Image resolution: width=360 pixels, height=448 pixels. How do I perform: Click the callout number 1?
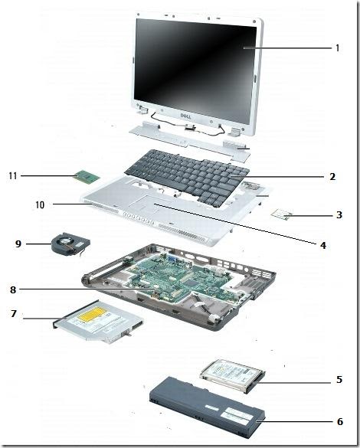click(x=337, y=47)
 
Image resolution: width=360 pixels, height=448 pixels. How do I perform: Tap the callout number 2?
click(x=332, y=176)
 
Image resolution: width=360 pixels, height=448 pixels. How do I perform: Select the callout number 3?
click(x=339, y=215)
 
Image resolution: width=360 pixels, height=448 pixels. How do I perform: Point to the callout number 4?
click(x=322, y=245)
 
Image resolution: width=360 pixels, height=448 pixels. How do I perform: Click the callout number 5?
click(x=339, y=379)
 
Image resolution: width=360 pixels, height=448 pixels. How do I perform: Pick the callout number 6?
click(x=339, y=420)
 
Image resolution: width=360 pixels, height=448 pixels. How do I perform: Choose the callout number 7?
click(x=13, y=313)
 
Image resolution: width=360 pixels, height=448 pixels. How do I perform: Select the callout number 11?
click(x=13, y=175)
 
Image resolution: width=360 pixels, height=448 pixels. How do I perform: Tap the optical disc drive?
click(x=97, y=326)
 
